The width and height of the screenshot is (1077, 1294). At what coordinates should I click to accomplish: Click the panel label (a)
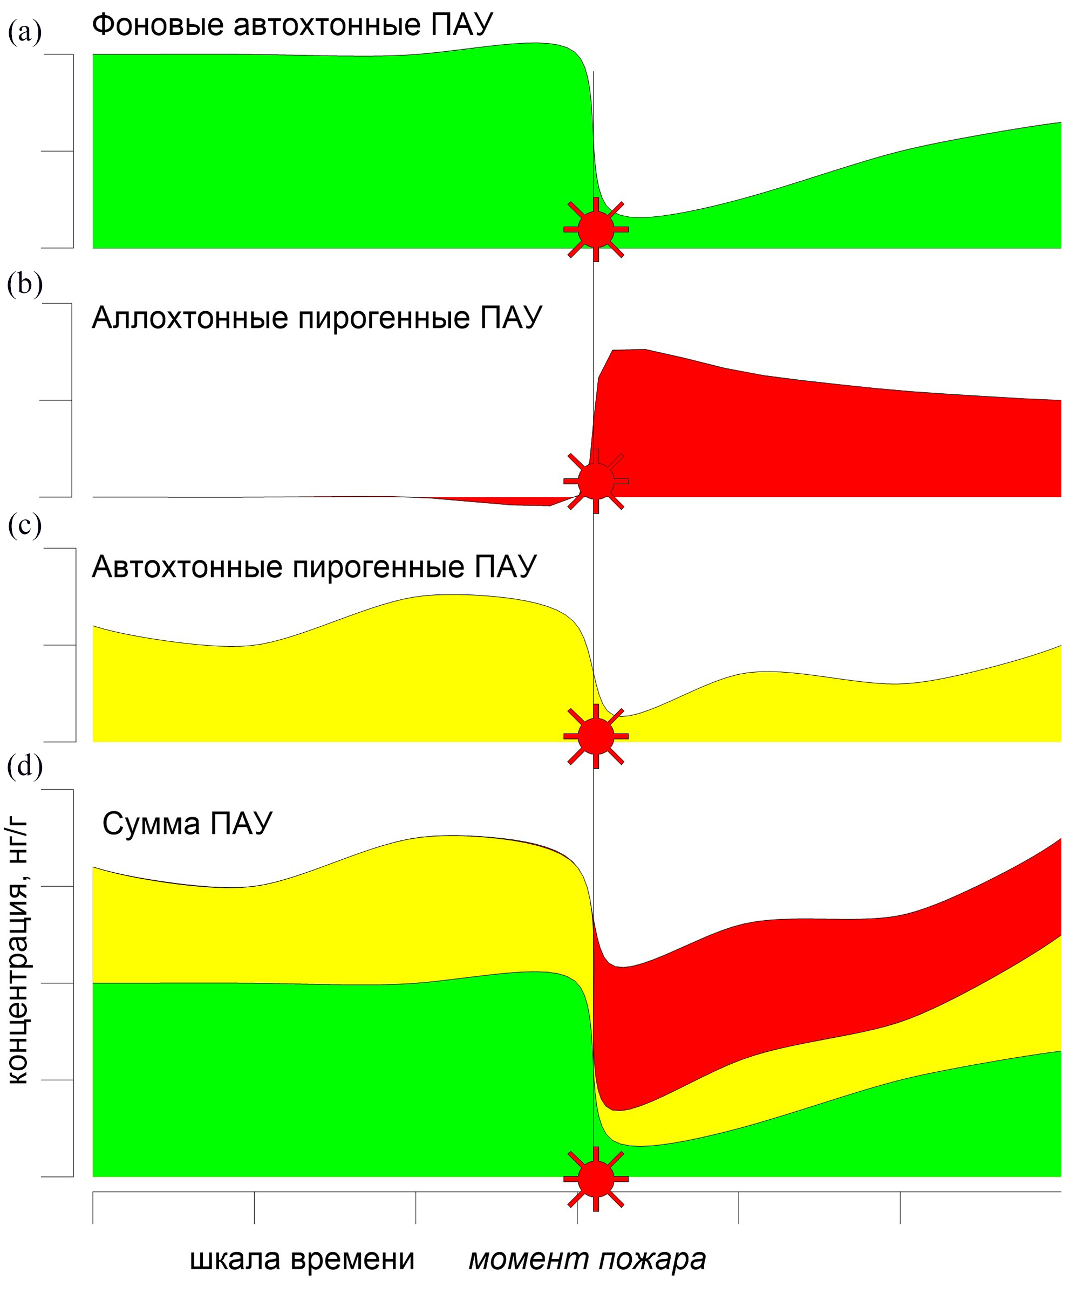point(25,32)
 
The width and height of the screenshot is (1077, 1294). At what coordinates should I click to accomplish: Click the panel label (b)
point(25,285)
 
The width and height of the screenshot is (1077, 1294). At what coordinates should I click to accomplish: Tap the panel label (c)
point(25,525)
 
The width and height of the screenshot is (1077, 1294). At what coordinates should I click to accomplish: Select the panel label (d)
point(25,767)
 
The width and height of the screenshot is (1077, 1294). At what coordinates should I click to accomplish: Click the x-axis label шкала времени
point(302,1259)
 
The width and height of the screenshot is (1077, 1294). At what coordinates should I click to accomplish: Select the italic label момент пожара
point(587,1259)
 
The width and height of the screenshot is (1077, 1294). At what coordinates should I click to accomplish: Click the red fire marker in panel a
point(596,229)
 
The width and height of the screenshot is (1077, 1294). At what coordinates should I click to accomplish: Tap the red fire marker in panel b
point(596,481)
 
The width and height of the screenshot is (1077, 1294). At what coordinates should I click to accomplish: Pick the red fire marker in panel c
point(596,736)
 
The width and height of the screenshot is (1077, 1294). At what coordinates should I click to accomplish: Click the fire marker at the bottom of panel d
point(596,1179)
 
